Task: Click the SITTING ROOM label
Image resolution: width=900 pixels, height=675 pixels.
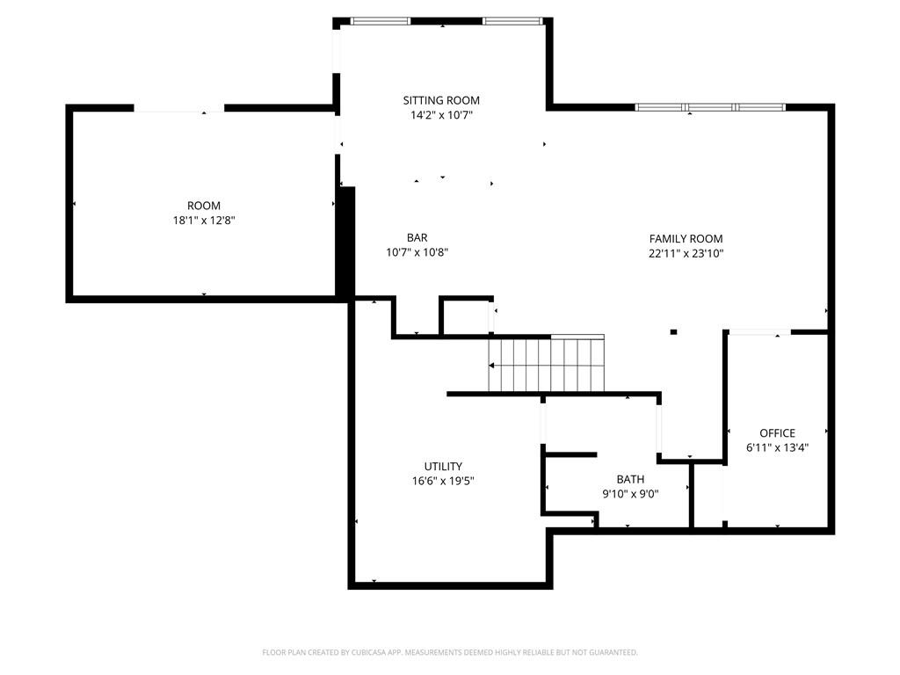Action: click(x=441, y=100)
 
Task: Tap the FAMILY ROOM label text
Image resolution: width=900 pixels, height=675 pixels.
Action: click(x=686, y=239)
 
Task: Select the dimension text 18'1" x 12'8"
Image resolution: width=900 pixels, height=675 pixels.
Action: click(x=204, y=221)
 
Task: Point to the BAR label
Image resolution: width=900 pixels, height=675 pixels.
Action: click(x=417, y=237)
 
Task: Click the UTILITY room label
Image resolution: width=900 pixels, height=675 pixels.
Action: click(x=443, y=467)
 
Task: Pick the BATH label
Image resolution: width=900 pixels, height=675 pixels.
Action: click(x=630, y=479)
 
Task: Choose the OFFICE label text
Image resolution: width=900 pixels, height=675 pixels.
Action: click(x=777, y=433)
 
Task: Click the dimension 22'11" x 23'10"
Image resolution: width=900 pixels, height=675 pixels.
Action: click(x=686, y=254)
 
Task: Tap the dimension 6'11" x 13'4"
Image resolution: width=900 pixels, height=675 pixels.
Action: click(x=777, y=447)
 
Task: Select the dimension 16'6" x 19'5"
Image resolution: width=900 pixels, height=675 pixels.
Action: click(x=443, y=481)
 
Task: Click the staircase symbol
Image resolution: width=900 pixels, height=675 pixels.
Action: click(x=547, y=364)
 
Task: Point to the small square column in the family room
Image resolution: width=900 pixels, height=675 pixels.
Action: click(x=673, y=331)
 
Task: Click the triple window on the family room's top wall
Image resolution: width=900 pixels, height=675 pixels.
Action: click(x=710, y=106)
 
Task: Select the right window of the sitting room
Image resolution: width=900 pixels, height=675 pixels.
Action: click(x=512, y=21)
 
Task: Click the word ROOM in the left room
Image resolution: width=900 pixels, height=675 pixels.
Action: click(x=204, y=206)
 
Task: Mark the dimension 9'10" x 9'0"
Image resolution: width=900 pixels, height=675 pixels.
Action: click(x=630, y=494)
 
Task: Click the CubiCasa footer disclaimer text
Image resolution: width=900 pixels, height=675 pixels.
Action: click(x=450, y=652)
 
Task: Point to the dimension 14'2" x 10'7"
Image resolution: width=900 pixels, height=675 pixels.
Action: click(x=441, y=115)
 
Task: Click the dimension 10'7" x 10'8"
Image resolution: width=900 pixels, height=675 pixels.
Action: click(x=417, y=252)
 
